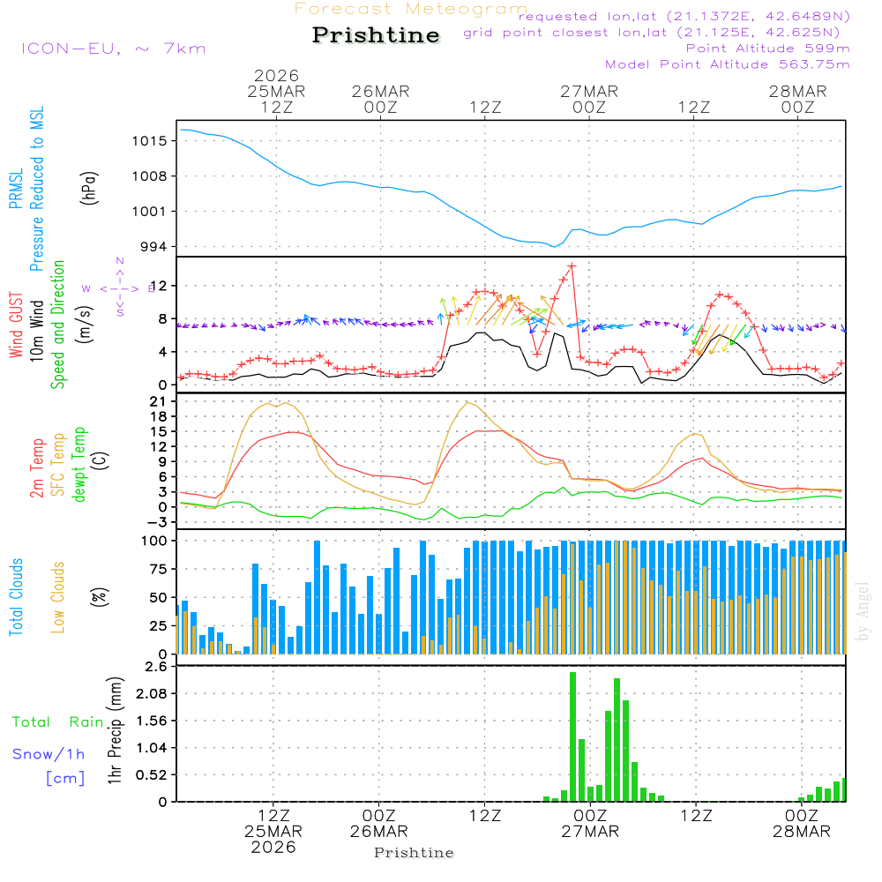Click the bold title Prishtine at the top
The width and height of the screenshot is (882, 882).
click(376, 35)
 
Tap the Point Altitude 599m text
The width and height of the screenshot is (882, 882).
click(767, 49)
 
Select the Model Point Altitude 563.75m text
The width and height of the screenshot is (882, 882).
click(727, 64)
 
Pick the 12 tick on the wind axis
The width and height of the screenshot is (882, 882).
click(162, 286)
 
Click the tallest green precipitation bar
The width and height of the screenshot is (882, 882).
click(572, 736)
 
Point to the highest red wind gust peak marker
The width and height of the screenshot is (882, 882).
click(572, 265)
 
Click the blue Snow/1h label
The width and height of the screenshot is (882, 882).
click(49, 754)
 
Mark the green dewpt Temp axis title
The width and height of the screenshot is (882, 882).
click(80, 465)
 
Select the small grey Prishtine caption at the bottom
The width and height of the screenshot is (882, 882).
click(414, 853)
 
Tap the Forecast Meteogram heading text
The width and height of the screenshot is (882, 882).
click(411, 9)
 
